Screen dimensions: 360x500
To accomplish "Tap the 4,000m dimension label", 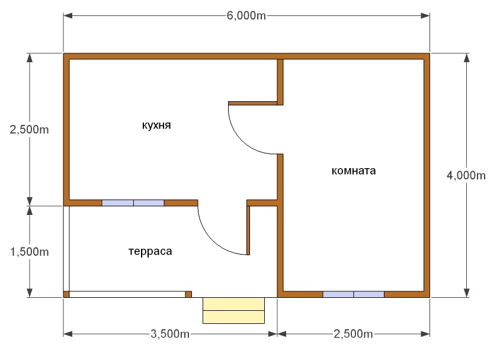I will (467, 175).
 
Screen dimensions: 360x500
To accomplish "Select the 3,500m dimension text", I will (170, 334).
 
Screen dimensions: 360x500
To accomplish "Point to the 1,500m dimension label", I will (29, 252).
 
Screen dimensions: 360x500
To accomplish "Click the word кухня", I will (156, 126).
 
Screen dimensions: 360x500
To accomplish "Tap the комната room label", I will (354, 171).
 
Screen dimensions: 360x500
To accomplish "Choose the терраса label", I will (150, 252).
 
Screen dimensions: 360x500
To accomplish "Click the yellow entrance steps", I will (233, 310).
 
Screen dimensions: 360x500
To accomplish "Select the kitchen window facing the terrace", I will (133, 202).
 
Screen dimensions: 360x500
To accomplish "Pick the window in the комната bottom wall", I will (353, 294).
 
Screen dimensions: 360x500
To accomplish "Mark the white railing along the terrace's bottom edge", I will (127, 294).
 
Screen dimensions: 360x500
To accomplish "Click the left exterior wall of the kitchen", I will (67, 130).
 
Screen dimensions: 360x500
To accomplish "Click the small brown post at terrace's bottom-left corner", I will (66, 294).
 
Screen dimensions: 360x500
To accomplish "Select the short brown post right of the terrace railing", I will (188, 294).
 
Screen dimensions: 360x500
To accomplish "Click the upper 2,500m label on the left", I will (29, 130).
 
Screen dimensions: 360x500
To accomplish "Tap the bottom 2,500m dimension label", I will (353, 334).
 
